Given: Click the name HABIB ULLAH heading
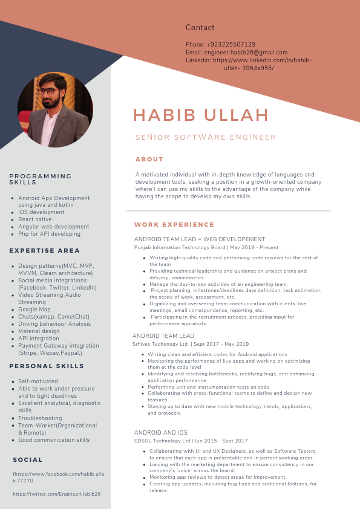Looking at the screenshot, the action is pos(201,115).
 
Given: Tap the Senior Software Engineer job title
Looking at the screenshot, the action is pos(206,137).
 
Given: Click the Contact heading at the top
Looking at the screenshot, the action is pos(200,28).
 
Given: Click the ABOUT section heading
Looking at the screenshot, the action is pos(149,160).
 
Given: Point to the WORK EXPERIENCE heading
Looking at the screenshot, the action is pos(174,225).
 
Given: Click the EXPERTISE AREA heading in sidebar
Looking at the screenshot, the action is pos(45,250).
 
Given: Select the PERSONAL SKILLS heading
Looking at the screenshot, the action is pos(47,366).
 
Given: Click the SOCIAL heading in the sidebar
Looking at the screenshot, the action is pos(28,460).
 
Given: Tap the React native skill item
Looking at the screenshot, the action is pos(35,219).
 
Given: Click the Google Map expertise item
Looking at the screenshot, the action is pos(34,310).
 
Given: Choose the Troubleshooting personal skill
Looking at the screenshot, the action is pos(40,418).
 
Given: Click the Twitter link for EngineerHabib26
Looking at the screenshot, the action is pos(57,494).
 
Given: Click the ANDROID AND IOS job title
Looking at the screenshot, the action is pos(161,433).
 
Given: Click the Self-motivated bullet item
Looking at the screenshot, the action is pos(38,381).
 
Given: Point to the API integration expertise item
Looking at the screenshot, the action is pos(39,339).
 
